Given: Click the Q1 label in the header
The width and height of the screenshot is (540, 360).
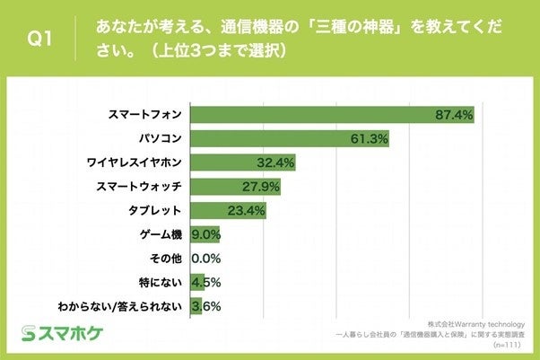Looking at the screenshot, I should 40,37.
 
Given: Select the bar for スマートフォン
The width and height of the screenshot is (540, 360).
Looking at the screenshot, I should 332,114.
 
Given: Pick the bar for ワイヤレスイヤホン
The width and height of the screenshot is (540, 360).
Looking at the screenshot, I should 242,162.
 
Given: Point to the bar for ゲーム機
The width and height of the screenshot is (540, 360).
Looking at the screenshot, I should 205,235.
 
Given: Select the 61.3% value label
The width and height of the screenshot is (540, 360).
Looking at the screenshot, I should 369,138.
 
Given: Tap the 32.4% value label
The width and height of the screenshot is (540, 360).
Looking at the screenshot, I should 275,162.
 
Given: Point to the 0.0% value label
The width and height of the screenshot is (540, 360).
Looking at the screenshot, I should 206,259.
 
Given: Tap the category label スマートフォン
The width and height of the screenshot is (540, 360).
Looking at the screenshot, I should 144,114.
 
